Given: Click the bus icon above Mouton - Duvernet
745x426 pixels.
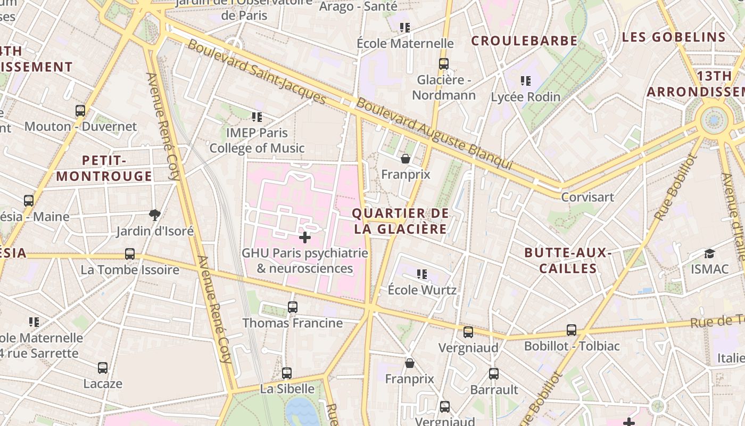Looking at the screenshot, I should click(x=80, y=111).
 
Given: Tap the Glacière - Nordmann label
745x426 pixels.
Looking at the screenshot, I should click(x=444, y=88).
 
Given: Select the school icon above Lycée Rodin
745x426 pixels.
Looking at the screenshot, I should click(x=526, y=81).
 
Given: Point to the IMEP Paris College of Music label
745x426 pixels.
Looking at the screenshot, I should click(x=257, y=141).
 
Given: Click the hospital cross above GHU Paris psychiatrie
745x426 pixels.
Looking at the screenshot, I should click(x=305, y=237).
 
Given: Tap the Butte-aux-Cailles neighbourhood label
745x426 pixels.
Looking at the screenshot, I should click(x=568, y=260).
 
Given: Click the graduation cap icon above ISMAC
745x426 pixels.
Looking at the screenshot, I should click(x=709, y=253).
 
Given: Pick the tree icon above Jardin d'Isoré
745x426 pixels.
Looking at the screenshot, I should click(x=155, y=215).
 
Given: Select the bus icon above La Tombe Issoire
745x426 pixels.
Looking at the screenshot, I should click(x=130, y=254).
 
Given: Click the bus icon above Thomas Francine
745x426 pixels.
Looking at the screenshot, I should click(x=293, y=307).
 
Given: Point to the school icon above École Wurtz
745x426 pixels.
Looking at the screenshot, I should click(x=422, y=274).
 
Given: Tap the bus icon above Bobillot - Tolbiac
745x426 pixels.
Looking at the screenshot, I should click(x=572, y=330).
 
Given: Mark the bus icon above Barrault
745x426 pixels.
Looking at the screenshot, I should click(x=494, y=374).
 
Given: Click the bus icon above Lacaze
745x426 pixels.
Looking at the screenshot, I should click(x=103, y=368).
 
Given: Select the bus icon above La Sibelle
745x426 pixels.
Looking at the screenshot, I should click(x=287, y=373).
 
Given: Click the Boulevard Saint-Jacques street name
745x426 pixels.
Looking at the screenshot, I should click(x=256, y=72).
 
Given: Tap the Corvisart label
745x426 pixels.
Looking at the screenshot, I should click(x=587, y=197).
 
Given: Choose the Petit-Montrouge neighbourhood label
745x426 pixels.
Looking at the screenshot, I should click(x=104, y=168).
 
